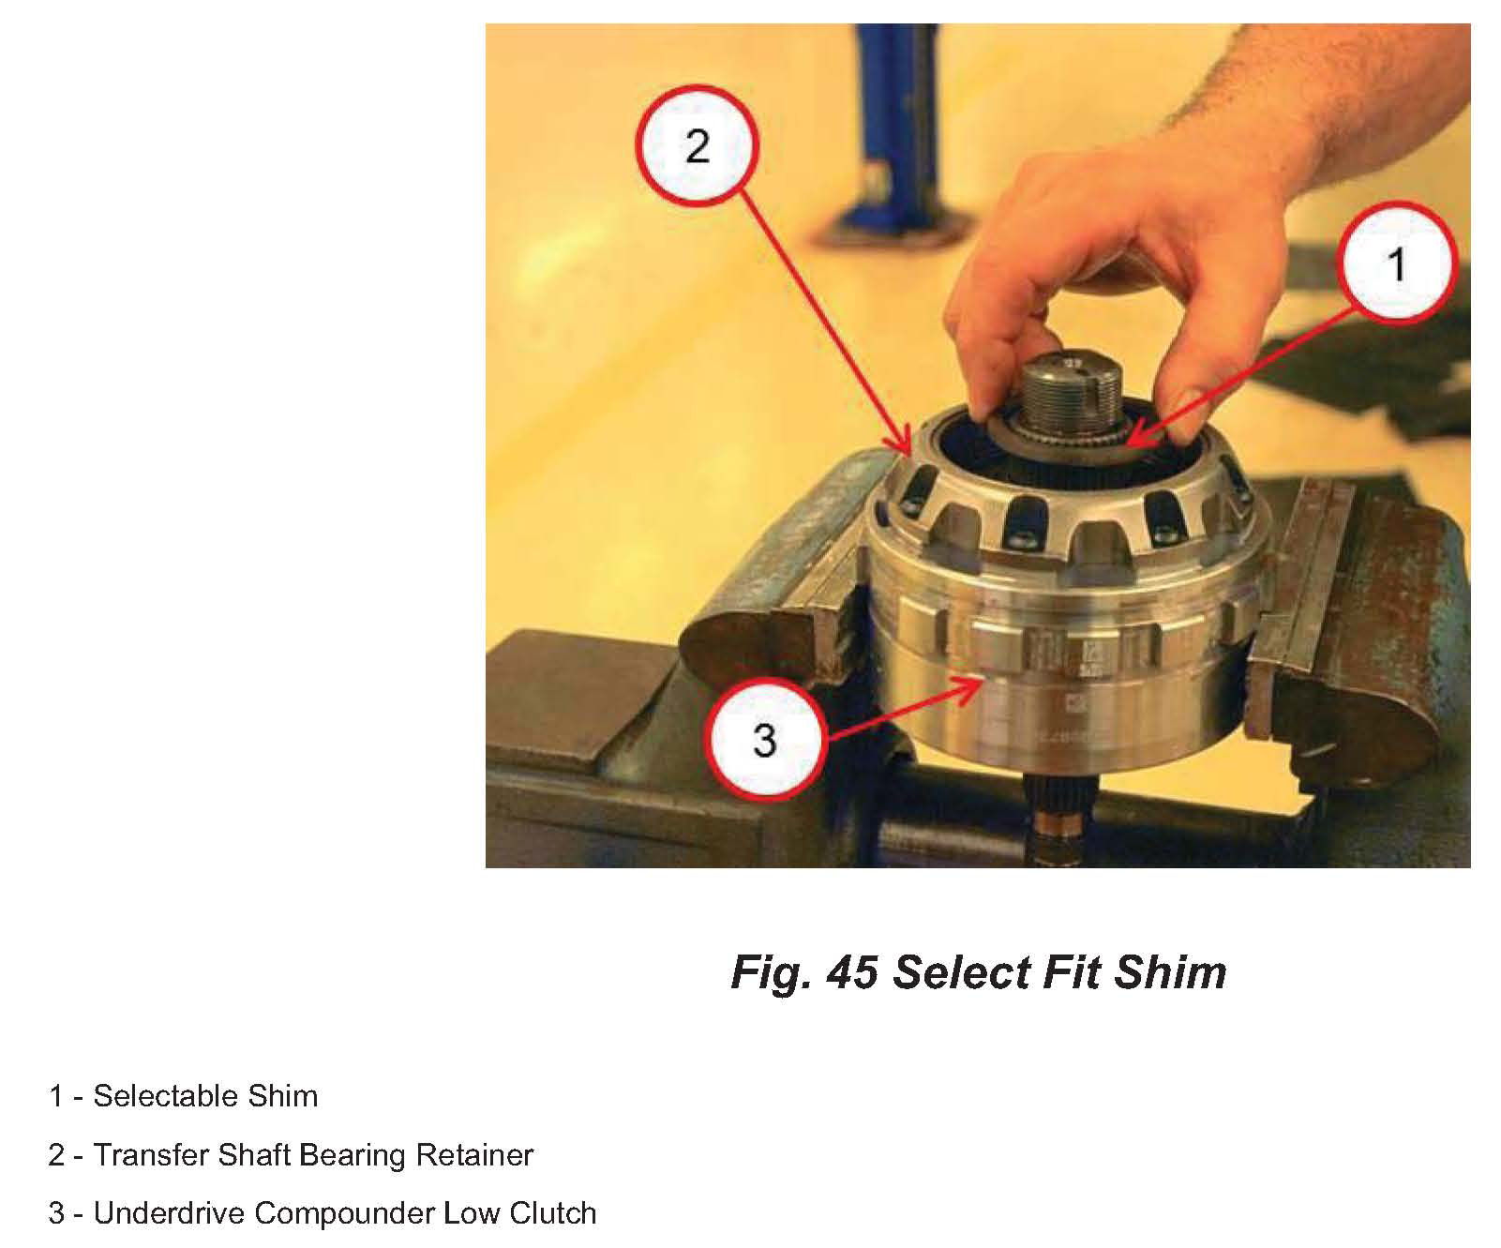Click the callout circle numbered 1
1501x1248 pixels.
pos(1396,263)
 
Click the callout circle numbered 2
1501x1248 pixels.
pos(697,145)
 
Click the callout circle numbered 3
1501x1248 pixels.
pos(764,739)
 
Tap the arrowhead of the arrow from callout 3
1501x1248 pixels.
pos(971,686)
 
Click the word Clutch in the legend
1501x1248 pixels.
pos(553,1212)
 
